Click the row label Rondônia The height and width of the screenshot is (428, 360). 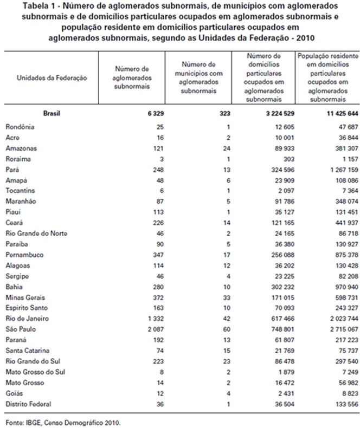(20, 127)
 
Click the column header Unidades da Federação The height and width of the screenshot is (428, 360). (52, 78)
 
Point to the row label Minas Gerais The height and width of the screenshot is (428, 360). (25, 297)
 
